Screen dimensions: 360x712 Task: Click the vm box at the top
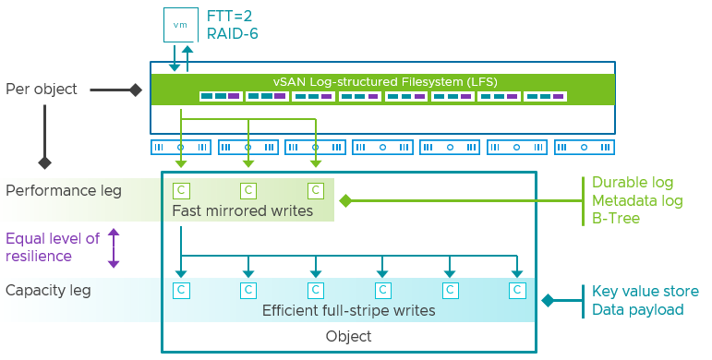click(180, 24)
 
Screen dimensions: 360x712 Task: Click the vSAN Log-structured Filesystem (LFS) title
click(383, 81)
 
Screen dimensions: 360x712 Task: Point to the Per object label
click(42, 90)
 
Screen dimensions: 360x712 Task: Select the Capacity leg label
click(48, 291)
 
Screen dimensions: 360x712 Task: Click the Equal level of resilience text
click(52, 247)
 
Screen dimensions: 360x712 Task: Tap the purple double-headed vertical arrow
click(114, 247)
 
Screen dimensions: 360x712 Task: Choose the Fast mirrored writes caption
click(242, 211)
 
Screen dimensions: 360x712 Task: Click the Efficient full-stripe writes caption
click(349, 310)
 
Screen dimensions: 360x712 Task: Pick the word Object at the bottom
click(349, 337)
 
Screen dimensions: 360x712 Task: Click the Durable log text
click(633, 183)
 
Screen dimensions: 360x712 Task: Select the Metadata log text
click(637, 201)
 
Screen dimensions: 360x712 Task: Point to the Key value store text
click(646, 292)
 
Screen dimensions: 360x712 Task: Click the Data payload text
click(638, 310)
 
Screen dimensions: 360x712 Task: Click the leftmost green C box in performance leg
click(182, 191)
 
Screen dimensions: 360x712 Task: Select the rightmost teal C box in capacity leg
click(518, 290)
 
